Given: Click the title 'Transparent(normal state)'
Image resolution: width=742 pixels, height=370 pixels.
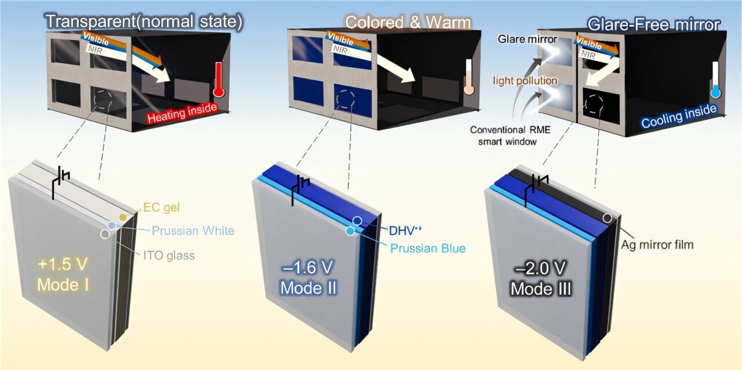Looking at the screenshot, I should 144,21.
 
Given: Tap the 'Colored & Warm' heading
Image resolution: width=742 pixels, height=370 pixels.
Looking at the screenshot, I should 408,22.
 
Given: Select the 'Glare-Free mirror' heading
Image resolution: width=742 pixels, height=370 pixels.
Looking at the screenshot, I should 653,24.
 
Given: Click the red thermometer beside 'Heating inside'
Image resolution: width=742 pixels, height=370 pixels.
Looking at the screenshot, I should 219,79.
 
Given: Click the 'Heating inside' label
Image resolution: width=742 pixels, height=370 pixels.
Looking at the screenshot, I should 181,114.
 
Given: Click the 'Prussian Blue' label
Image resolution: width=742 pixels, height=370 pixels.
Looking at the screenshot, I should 428,248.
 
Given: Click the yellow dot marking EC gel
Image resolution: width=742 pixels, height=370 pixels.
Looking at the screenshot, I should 122,216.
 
